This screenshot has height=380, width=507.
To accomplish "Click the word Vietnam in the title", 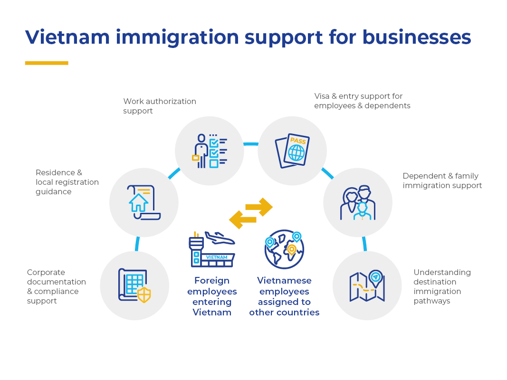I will (x=67, y=37).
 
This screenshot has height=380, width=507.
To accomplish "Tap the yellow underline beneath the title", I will (x=47, y=63).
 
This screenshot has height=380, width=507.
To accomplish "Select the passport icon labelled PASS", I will (x=293, y=151).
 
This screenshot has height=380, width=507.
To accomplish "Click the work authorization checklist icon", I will (x=210, y=151).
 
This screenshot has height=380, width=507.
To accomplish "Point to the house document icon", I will (x=143, y=202).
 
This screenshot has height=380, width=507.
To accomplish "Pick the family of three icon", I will (x=358, y=202).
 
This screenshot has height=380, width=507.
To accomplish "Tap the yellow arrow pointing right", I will (x=259, y=207).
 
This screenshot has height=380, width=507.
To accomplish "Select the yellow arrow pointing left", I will (x=243, y=220).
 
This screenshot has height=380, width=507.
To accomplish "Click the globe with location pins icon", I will (x=284, y=249).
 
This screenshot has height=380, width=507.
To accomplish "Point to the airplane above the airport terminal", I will (x=220, y=237).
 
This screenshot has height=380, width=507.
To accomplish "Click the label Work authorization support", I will (x=159, y=106).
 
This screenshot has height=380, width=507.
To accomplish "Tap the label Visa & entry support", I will (x=362, y=101).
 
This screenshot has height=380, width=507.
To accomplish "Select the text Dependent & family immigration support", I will (x=442, y=180).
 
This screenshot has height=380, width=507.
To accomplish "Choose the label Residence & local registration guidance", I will (x=67, y=182).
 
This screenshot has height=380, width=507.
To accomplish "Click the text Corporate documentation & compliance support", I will (x=56, y=286).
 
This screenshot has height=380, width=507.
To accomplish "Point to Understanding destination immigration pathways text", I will (x=442, y=286).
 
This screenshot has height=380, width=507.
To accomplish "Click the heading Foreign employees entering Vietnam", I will (x=212, y=296).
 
